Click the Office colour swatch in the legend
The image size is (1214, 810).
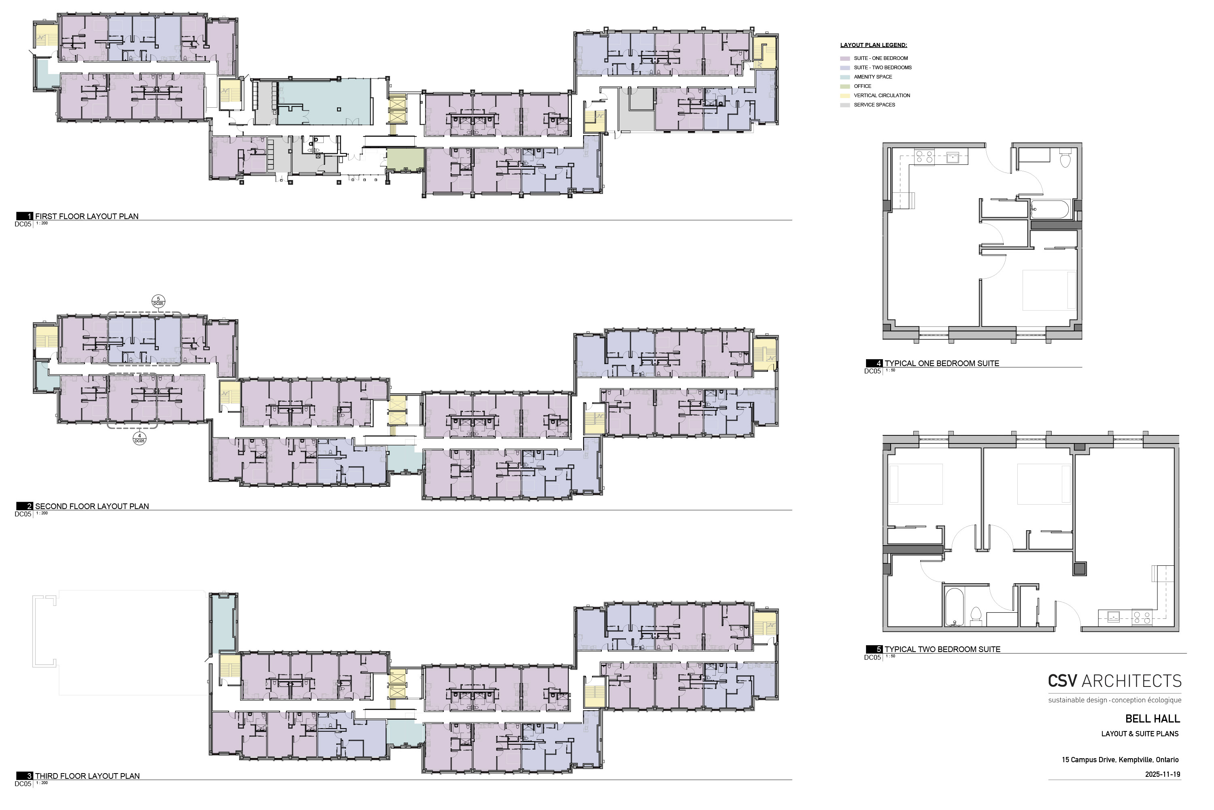(845, 86)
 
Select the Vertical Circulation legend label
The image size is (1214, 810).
(882, 96)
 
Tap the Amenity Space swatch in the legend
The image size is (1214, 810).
(845, 77)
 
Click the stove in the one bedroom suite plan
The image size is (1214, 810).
(924, 156)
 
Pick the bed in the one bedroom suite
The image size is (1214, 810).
(1049, 290)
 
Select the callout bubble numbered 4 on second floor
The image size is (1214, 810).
(139, 439)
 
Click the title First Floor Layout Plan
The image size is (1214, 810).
(87, 216)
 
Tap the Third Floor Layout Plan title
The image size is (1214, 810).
(87, 776)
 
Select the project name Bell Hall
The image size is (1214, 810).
(1152, 718)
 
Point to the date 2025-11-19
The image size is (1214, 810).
(1162, 774)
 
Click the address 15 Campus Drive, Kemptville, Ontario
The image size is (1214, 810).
(1120, 760)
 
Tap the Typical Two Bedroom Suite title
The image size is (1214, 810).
(942, 649)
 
